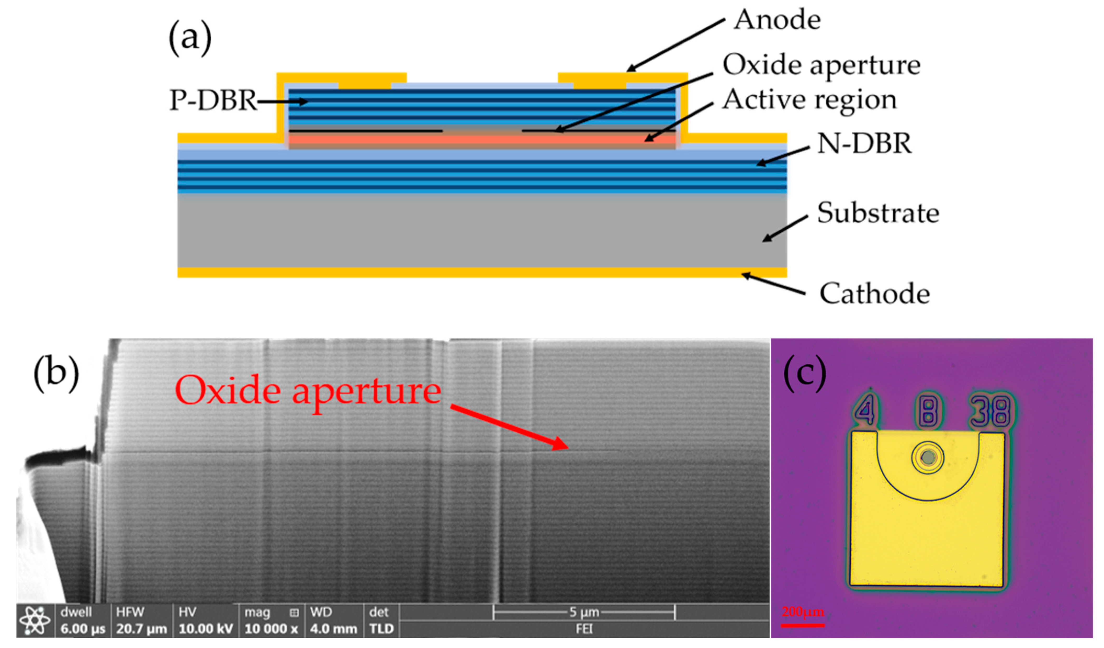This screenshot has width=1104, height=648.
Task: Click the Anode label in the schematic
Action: pyautogui.click(x=777, y=20)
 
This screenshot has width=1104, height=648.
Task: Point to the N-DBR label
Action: pyautogui.click(x=864, y=144)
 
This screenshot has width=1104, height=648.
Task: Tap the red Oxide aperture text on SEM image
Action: pyautogui.click(x=308, y=391)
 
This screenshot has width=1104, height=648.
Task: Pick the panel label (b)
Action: pyautogui.click(x=56, y=374)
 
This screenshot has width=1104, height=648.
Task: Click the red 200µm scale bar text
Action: pyautogui.click(x=803, y=612)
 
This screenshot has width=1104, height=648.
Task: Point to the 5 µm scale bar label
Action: pyautogui.click(x=584, y=612)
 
